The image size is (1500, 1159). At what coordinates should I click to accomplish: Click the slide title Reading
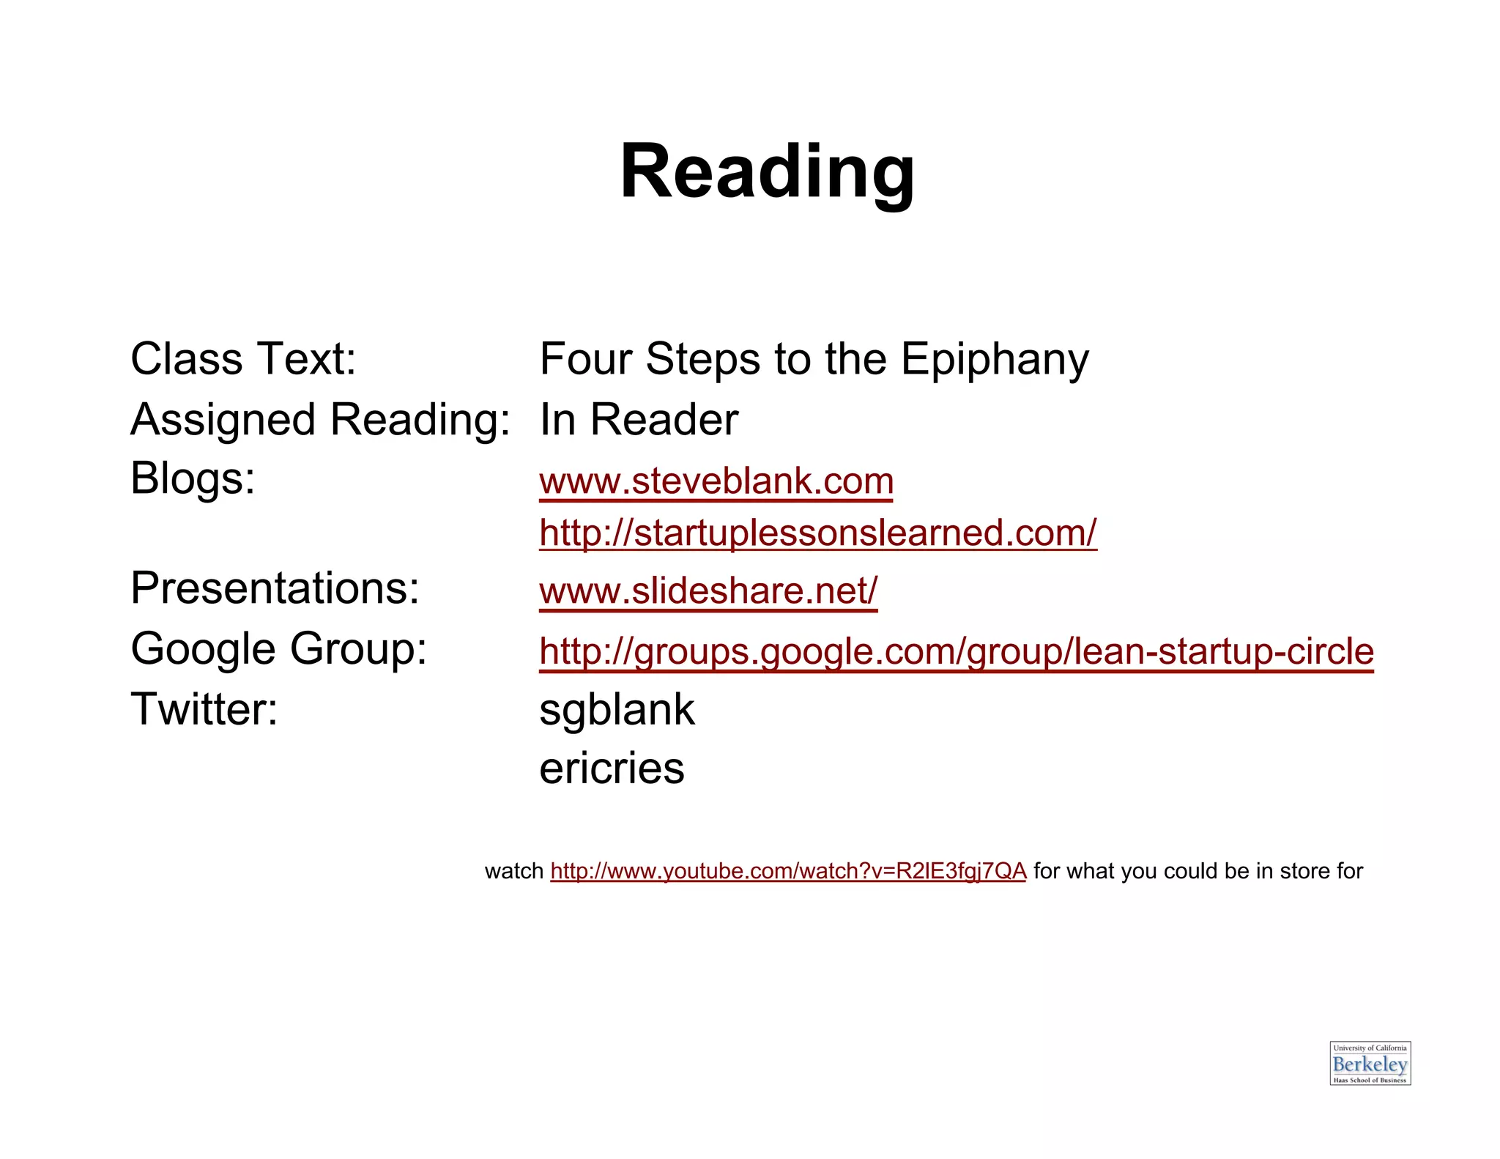pos(767,172)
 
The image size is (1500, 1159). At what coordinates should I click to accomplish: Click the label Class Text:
pos(243,359)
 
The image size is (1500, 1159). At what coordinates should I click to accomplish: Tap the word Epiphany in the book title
pos(994,360)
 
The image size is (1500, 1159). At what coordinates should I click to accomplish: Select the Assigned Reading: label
pos(320,420)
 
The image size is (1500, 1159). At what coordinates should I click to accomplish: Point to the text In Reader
pos(639,420)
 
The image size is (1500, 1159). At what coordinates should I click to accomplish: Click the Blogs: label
pos(193,478)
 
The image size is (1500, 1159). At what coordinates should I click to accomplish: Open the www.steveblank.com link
pos(716,482)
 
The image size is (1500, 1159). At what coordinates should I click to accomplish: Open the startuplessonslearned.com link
pos(817,533)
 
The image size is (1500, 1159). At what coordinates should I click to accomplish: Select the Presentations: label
pos(275,588)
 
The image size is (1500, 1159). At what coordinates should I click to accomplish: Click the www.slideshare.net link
pos(708,591)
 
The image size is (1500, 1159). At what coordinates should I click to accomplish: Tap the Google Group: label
pos(278,648)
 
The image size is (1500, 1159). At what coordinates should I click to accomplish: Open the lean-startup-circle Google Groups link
pos(956,651)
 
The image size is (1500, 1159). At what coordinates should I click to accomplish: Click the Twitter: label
pos(204,709)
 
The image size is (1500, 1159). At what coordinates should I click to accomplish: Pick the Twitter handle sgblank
pos(617,710)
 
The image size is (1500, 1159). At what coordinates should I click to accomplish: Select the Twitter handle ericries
pos(612,769)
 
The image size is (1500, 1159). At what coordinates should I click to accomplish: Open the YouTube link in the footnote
pos(788,871)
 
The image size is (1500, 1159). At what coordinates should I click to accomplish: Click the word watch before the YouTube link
pos(513,871)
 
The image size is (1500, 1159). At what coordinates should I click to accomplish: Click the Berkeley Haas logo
pos(1370,1063)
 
